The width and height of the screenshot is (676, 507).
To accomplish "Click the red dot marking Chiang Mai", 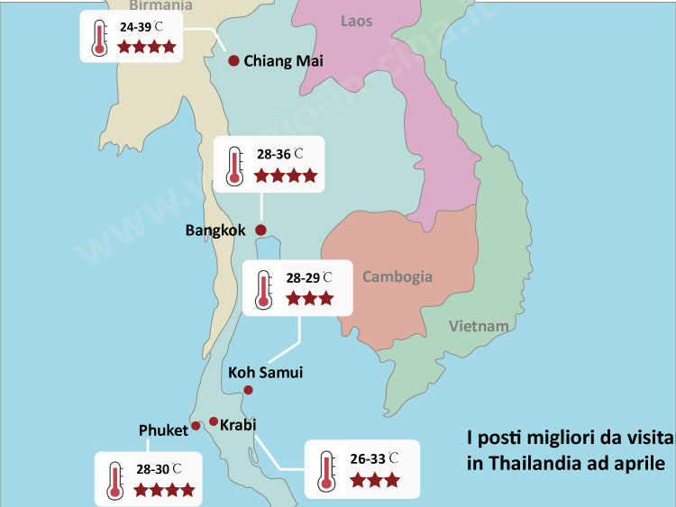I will [x=233, y=60].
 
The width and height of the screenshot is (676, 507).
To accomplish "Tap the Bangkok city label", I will [x=215, y=231].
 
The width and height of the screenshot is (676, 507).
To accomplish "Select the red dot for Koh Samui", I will [x=249, y=390].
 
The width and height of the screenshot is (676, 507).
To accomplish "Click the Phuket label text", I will [x=163, y=430].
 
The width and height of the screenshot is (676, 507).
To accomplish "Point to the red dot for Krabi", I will [x=214, y=421].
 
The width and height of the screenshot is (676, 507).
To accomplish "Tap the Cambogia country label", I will [x=397, y=276].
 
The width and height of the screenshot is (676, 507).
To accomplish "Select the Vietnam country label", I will [x=479, y=325].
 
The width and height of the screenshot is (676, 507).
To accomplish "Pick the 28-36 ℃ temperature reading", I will [x=280, y=155].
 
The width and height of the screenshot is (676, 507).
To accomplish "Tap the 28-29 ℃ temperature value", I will [x=308, y=277].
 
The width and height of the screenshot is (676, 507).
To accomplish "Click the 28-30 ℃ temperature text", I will [x=159, y=469].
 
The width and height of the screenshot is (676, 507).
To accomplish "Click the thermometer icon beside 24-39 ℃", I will [x=98, y=36].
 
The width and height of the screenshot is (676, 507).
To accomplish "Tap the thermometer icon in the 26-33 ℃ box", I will [x=325, y=470].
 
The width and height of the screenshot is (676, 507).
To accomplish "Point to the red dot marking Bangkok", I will [x=261, y=231].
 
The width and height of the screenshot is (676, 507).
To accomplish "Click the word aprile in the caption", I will [x=638, y=465].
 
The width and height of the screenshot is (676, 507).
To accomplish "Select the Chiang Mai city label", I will [x=283, y=61].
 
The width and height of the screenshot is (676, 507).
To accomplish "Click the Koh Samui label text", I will [x=265, y=372].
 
